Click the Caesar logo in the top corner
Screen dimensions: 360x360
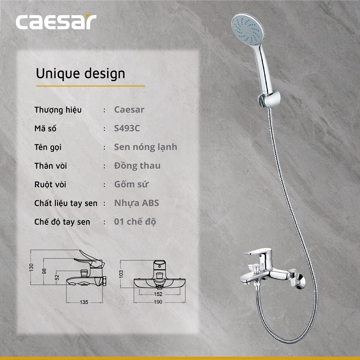[x=56, y=22]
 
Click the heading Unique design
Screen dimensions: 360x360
[x=80, y=73]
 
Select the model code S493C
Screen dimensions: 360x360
[x=127, y=128]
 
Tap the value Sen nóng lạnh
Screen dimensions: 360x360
[x=146, y=147]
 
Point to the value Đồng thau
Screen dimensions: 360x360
[x=137, y=166]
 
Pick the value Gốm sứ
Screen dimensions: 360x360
[x=131, y=184]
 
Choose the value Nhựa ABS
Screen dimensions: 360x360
[x=136, y=203]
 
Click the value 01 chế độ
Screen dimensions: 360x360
[x=135, y=222]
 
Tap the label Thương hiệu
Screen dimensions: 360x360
[x=58, y=110]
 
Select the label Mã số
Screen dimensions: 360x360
[x=45, y=129]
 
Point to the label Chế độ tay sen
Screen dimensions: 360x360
[x=62, y=222]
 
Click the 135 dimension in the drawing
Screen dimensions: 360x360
[x=84, y=302]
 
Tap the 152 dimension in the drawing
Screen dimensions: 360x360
[x=158, y=294]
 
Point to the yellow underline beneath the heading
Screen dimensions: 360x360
[x=90, y=85]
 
